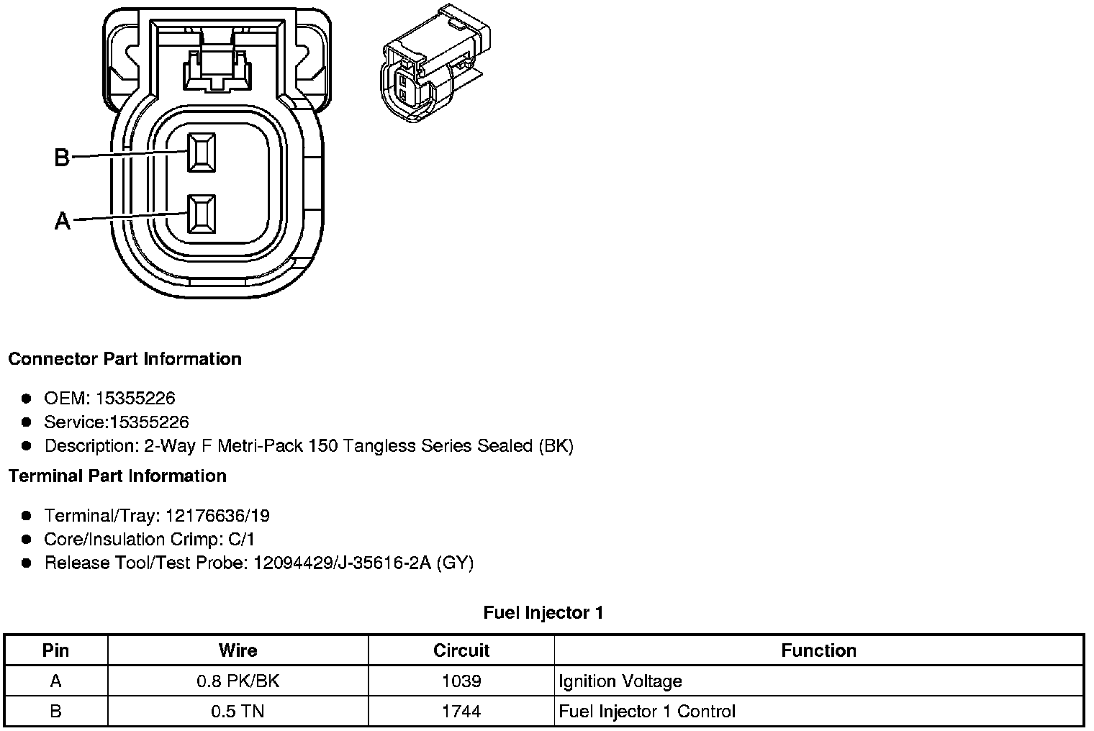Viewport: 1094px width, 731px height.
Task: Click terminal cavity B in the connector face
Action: (201, 153)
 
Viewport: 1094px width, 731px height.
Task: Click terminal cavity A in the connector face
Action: (201, 214)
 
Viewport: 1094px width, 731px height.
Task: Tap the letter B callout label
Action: (62, 157)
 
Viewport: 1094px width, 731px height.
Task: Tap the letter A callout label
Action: (63, 220)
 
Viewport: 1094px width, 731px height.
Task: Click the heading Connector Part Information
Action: (125, 359)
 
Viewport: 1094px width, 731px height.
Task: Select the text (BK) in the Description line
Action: (556, 446)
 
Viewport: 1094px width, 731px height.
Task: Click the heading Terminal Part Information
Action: (117, 476)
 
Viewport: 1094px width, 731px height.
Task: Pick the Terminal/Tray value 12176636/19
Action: (217, 516)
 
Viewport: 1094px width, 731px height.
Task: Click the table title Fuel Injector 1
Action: (543, 613)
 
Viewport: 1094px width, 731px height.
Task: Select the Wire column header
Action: (238, 650)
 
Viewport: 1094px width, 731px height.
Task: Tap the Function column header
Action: (818, 650)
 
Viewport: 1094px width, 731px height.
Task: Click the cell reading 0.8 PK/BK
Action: (238, 681)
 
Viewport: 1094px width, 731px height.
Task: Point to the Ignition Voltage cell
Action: (620, 681)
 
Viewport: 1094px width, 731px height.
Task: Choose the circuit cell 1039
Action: (461, 681)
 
